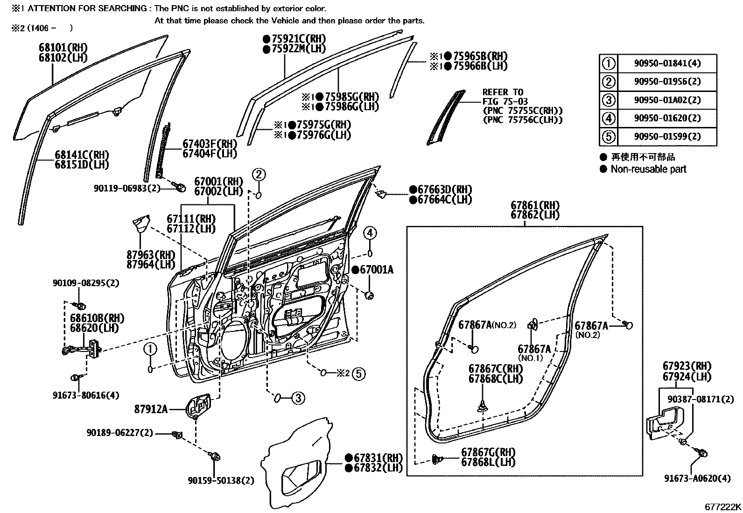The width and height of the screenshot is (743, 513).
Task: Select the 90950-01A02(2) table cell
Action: [667, 100]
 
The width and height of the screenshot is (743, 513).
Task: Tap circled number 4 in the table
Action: [609, 118]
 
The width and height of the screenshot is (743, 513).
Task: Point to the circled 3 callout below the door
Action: [298, 398]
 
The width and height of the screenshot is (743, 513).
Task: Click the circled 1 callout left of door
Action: [150, 349]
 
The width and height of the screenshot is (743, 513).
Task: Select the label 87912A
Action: [150, 409]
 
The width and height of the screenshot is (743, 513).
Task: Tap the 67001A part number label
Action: [376, 270]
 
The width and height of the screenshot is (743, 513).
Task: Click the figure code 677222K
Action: [722, 507]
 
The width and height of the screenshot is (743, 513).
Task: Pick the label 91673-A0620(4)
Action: [698, 478]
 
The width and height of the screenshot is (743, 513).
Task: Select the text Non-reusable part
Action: [648, 169]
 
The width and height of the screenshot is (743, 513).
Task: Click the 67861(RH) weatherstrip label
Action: [535, 205]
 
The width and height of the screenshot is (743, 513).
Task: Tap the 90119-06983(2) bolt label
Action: [127, 188]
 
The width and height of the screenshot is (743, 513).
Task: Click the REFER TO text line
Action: [503, 92]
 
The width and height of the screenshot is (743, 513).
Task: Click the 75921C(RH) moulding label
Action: [298, 39]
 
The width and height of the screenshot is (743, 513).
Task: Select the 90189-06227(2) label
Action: [119, 433]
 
